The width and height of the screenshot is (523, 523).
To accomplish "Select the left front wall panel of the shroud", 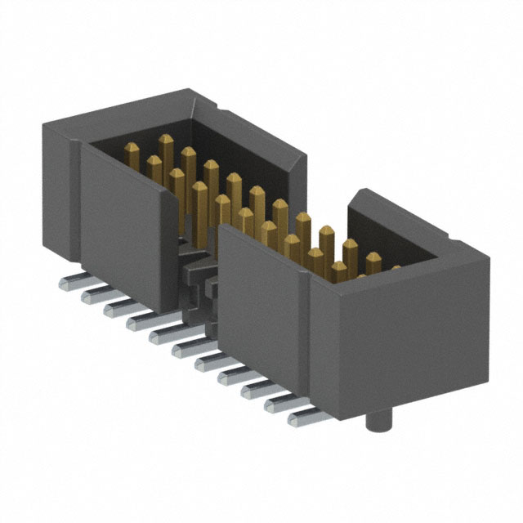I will point(127,229).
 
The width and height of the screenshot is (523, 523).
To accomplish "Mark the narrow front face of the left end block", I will point(57,196).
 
